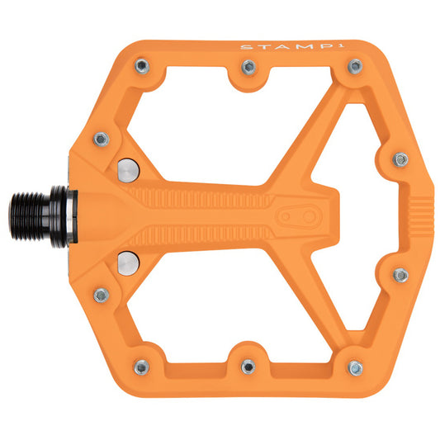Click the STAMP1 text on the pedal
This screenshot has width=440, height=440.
point(272,46)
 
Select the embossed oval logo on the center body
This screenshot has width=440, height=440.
point(296,216)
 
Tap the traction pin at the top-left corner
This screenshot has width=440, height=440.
point(143,65)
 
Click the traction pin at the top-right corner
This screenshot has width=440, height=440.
point(355,65)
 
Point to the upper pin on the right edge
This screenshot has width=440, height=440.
point(400,159)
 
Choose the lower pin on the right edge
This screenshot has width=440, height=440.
point(400,275)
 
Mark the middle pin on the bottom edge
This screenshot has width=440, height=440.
point(248,365)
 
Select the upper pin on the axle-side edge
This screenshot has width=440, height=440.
point(101,139)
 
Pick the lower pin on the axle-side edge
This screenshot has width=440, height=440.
point(101,295)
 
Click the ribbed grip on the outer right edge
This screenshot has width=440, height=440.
point(423,217)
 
